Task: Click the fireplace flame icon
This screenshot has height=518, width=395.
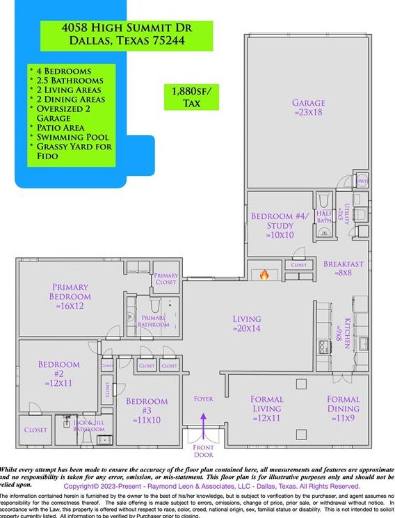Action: pos(264,275)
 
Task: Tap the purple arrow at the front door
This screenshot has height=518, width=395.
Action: pos(203,422)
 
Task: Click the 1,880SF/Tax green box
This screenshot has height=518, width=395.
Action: pos(191,97)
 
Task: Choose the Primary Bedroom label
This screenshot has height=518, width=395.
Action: pos(71,296)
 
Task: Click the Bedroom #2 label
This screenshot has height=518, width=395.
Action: pos(58,373)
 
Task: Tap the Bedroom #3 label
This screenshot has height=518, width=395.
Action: pos(147,410)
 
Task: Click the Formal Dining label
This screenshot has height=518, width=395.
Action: pos(344,409)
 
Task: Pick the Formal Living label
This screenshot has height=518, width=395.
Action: pos(266,409)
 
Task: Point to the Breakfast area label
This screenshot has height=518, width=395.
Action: pos(344,268)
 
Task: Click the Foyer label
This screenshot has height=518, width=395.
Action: pos(203,399)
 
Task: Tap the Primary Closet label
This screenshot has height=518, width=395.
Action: pos(166,280)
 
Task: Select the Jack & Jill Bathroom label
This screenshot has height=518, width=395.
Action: pos(89,426)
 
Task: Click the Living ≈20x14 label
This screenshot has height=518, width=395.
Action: pos(247,324)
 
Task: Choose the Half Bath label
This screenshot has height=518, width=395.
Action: pos(324,217)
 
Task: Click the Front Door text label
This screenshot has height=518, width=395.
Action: pos(203,451)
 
